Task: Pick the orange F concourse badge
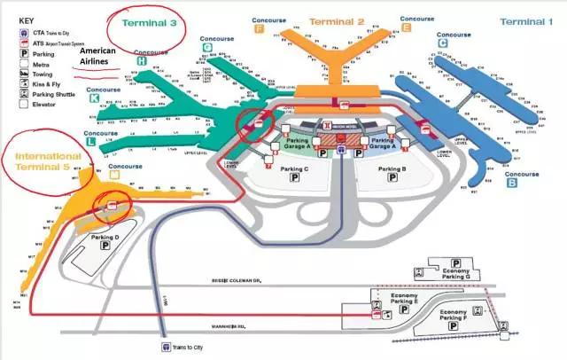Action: pos(259,27)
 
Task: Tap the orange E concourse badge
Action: pos(406,27)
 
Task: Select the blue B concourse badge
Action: pos(511,184)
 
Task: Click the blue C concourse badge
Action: pos(442,41)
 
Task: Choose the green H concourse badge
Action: pos(142,61)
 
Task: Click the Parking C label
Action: pos(294,168)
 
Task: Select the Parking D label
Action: pos(105,239)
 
